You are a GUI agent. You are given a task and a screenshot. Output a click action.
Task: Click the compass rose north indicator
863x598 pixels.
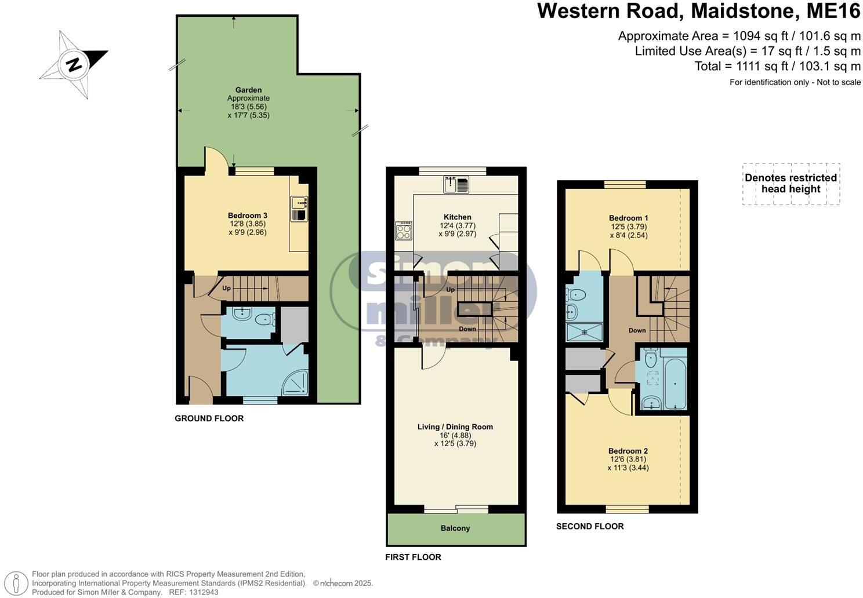tap(74, 64)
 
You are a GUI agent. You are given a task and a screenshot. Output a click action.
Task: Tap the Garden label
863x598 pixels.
tap(248, 90)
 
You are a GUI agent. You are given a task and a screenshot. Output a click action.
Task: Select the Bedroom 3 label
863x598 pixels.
tap(247, 216)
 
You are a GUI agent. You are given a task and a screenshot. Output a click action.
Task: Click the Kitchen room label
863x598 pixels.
tap(458, 217)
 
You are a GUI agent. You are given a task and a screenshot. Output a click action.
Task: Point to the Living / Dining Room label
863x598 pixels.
tap(455, 427)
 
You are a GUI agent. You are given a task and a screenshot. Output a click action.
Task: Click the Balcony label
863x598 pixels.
tap(455, 528)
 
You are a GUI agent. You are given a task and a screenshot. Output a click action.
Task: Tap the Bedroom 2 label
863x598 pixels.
tap(628, 451)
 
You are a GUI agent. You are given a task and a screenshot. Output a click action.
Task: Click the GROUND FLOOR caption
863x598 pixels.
tap(209, 418)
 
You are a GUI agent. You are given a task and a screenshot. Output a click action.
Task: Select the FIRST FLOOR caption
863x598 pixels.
tap(413, 557)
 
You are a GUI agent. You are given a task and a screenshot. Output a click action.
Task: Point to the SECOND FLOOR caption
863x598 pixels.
tap(590, 526)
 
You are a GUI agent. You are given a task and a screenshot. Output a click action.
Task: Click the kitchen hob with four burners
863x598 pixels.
tap(404, 231)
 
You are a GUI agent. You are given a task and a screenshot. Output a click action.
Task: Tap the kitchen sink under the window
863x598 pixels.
tap(456, 184)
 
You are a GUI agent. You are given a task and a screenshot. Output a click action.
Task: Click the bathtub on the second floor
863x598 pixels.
tap(673, 379)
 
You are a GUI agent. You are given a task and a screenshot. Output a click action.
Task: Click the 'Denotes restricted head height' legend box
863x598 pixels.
tap(791, 184)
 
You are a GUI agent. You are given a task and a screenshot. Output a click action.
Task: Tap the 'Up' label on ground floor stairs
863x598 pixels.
tap(226, 288)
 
